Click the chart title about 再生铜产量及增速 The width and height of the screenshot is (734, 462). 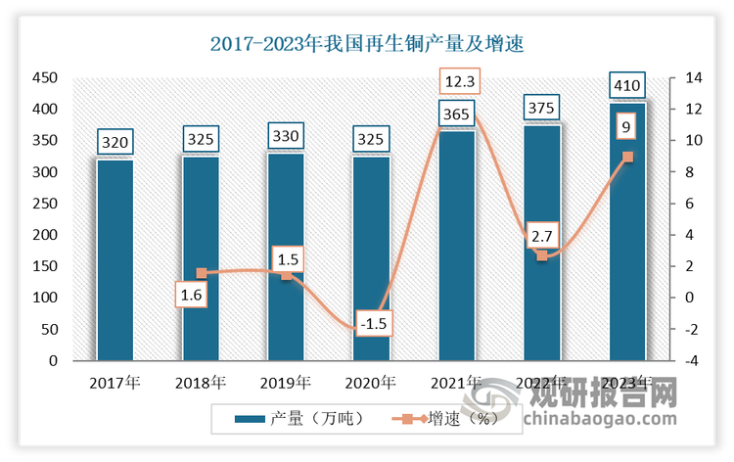[x=367, y=43]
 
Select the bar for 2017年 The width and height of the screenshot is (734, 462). [x=115, y=259]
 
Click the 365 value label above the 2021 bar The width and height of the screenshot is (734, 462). [x=457, y=115]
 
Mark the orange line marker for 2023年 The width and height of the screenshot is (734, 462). [x=627, y=157]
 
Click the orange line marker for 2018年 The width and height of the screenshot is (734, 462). [x=201, y=273]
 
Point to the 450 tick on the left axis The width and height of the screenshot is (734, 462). [x=47, y=78]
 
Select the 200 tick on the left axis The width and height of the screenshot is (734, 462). [x=47, y=235]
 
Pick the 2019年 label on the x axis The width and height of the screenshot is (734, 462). [x=286, y=382]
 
